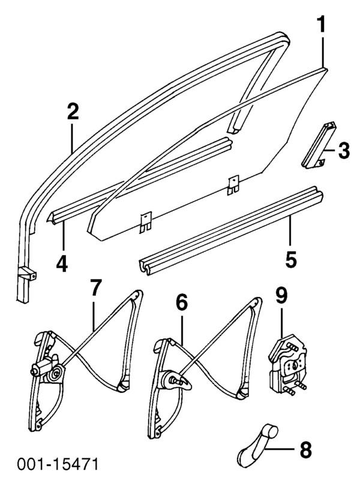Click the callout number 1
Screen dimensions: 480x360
[x=322, y=25]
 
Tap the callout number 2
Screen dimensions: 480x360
[x=73, y=112]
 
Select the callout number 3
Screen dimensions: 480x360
[x=343, y=151]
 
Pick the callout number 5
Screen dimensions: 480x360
[x=290, y=259]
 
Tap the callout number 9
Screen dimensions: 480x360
[x=281, y=296]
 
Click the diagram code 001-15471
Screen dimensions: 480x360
[x=58, y=464]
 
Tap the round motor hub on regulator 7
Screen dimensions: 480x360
[x=55, y=374]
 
